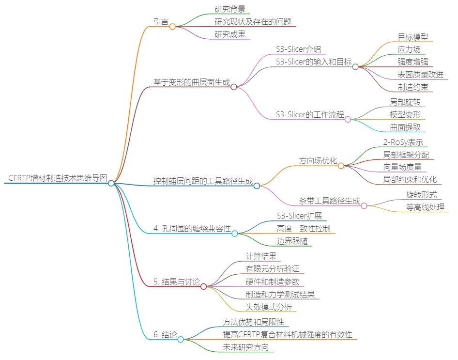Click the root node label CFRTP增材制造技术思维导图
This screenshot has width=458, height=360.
58,178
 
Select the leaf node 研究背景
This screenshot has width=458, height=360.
229,9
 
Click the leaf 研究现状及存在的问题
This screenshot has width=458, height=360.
253,21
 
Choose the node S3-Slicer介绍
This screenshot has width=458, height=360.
298,49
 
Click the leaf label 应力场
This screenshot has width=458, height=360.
409,49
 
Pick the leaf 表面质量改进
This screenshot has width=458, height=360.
420,74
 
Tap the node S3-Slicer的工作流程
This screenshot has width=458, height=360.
310,115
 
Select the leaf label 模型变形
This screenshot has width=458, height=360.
405,115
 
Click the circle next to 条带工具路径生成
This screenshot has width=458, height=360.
364,205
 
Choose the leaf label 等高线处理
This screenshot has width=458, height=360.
425,207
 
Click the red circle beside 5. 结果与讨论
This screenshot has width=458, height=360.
203,286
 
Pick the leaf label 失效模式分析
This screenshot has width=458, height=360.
268,306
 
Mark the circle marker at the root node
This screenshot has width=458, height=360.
111,183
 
